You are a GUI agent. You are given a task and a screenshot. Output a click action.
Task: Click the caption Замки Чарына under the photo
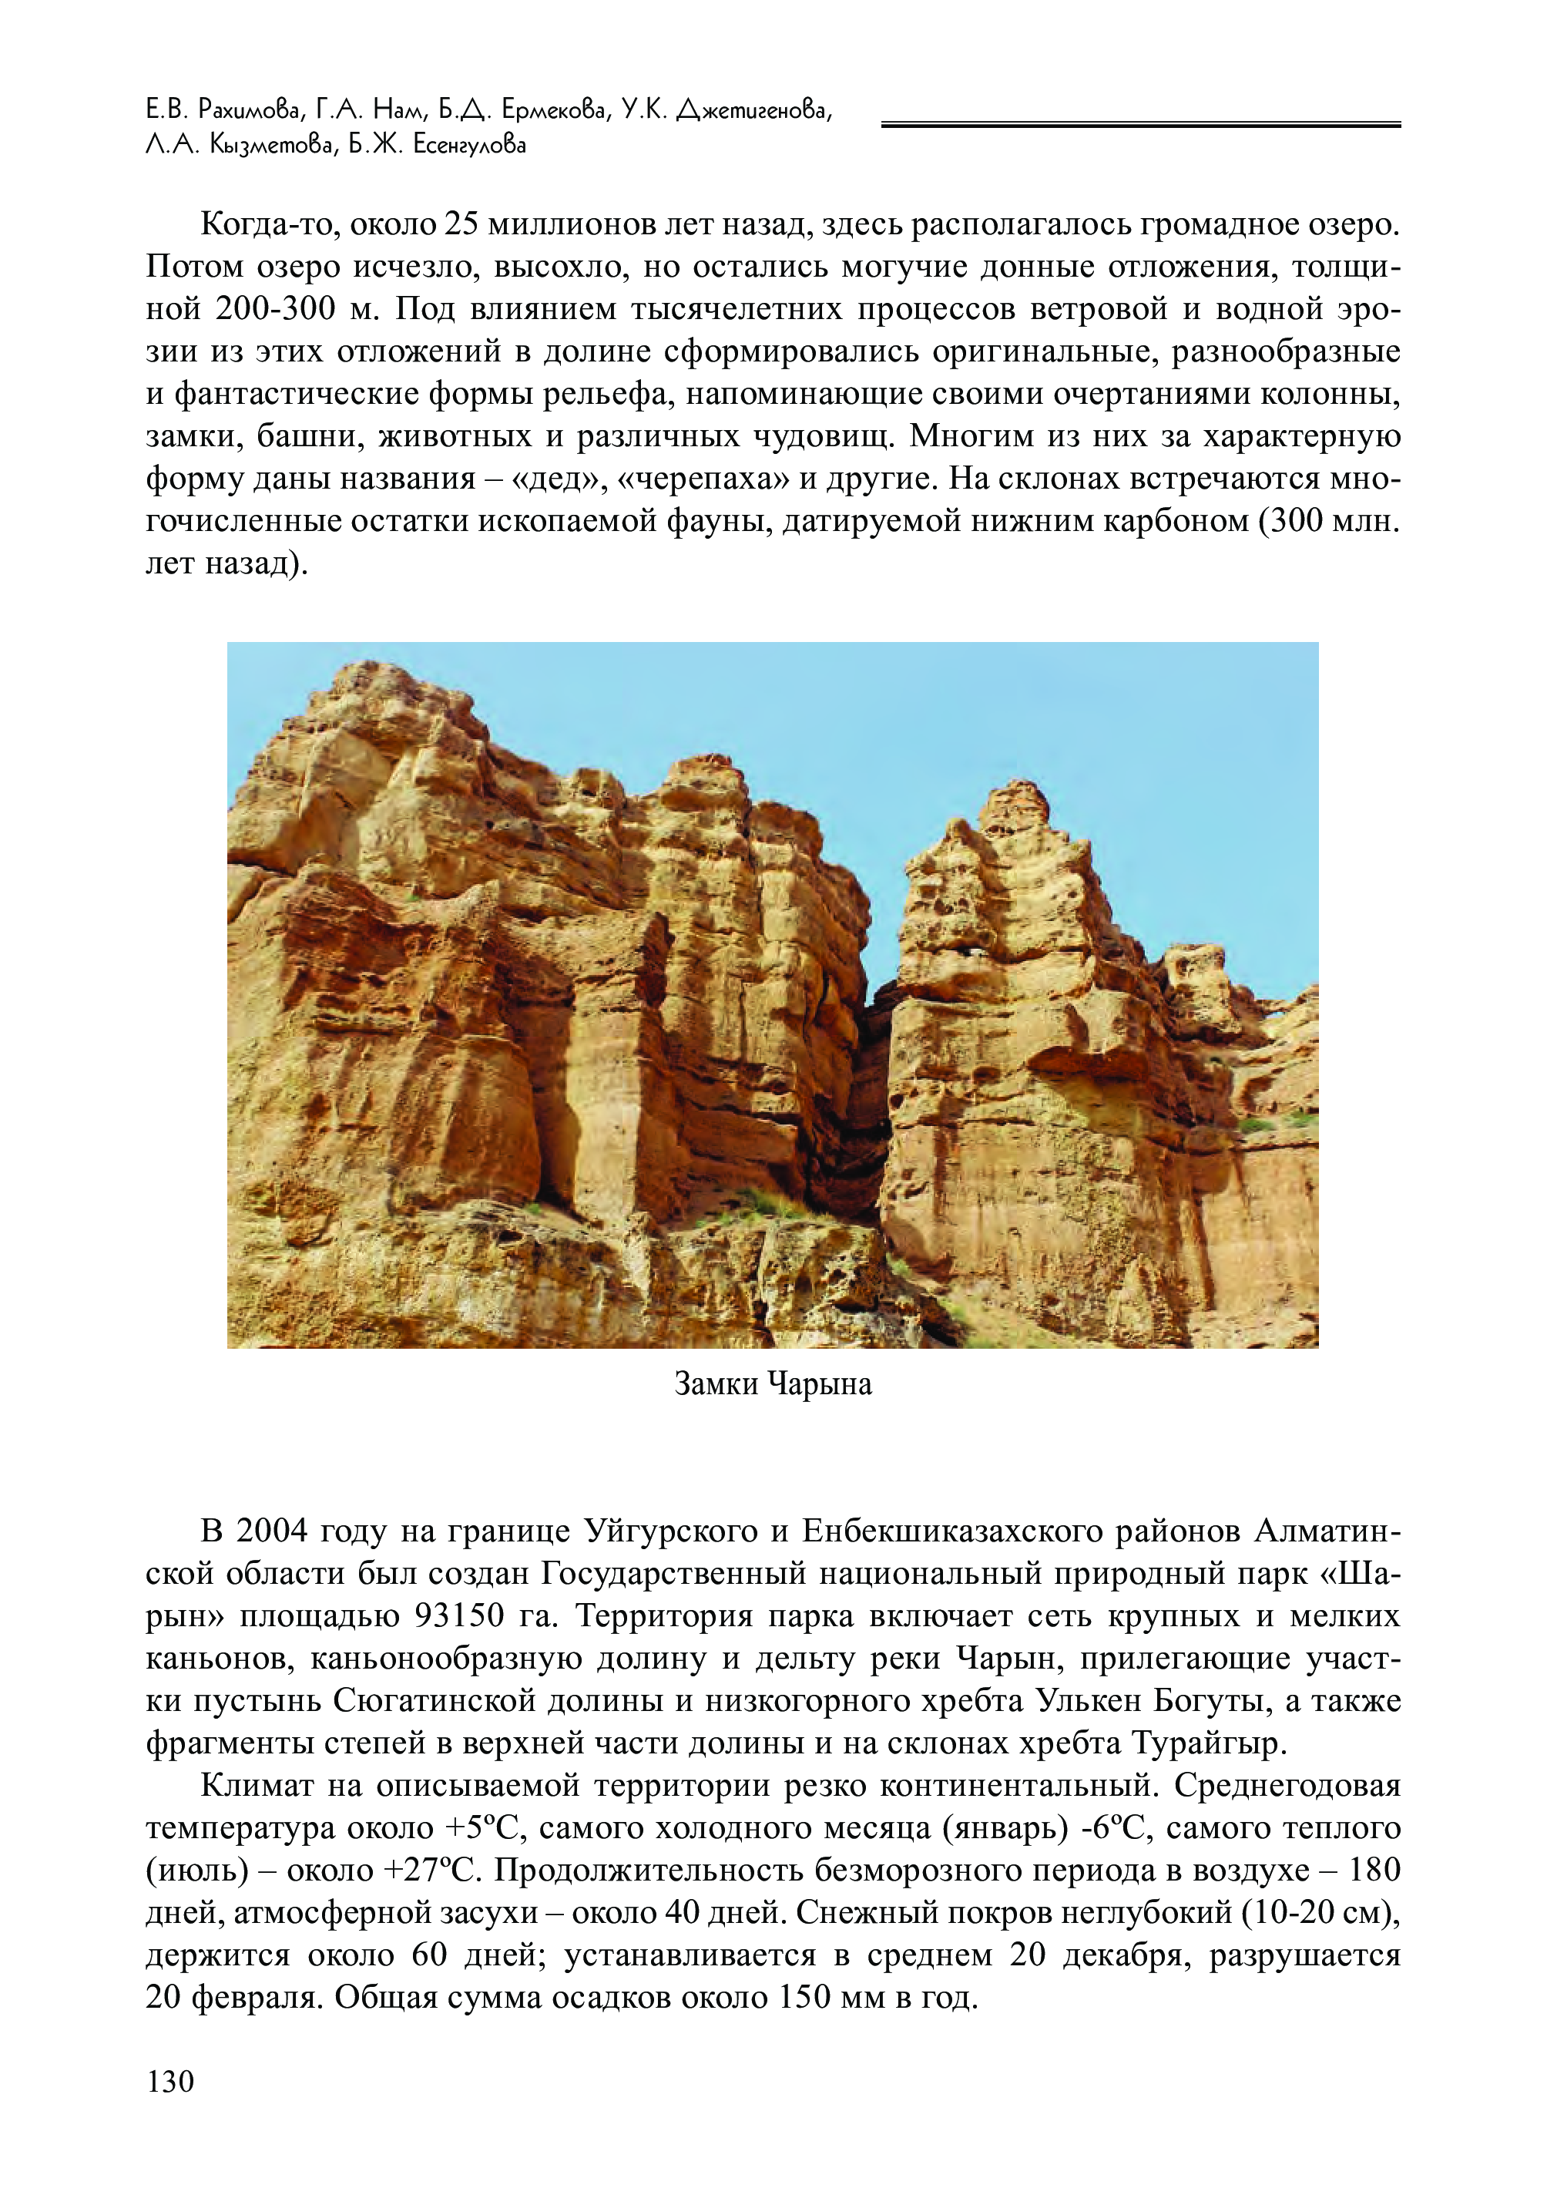coord(773,1383)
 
